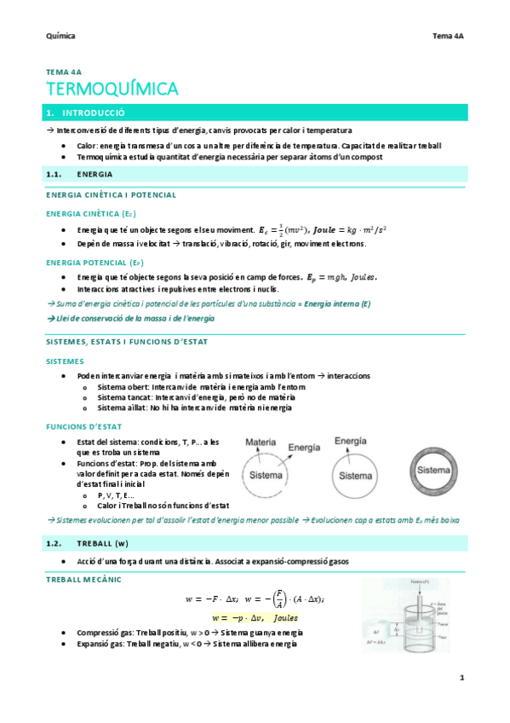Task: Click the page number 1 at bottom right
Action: point(461,678)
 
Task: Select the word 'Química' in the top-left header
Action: point(60,36)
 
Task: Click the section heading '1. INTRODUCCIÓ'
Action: point(85,112)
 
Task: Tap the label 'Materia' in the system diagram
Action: point(261,442)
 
